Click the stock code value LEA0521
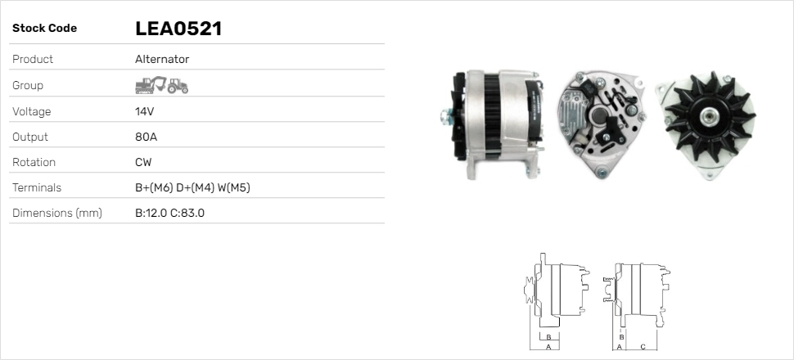[x=178, y=29]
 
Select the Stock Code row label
[x=44, y=29]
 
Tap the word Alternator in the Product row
[x=162, y=60]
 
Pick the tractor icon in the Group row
[x=178, y=85]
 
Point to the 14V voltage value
[x=144, y=111]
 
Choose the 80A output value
[x=145, y=137]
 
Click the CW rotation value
[x=143, y=162]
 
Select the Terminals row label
[x=37, y=187]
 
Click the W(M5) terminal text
[x=234, y=187]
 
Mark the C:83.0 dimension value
[x=187, y=214]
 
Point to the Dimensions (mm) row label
[x=56, y=214]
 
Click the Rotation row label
[x=34, y=162]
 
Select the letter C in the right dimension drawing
[x=643, y=347]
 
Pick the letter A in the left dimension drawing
[x=548, y=347]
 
